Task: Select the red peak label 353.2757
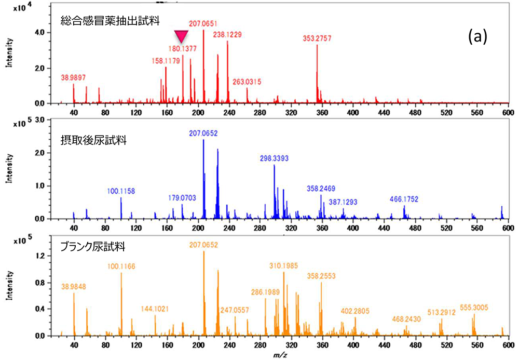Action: coord(317,38)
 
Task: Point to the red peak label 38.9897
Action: coord(74,77)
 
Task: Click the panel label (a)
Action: coord(477,36)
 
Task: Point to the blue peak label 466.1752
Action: coord(404,199)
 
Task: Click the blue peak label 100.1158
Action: coord(121,191)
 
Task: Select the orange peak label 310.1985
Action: coord(283,265)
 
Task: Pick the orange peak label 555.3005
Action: coord(474,308)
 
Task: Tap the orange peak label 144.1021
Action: coord(155,309)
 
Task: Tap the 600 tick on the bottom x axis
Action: coord(508,343)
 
